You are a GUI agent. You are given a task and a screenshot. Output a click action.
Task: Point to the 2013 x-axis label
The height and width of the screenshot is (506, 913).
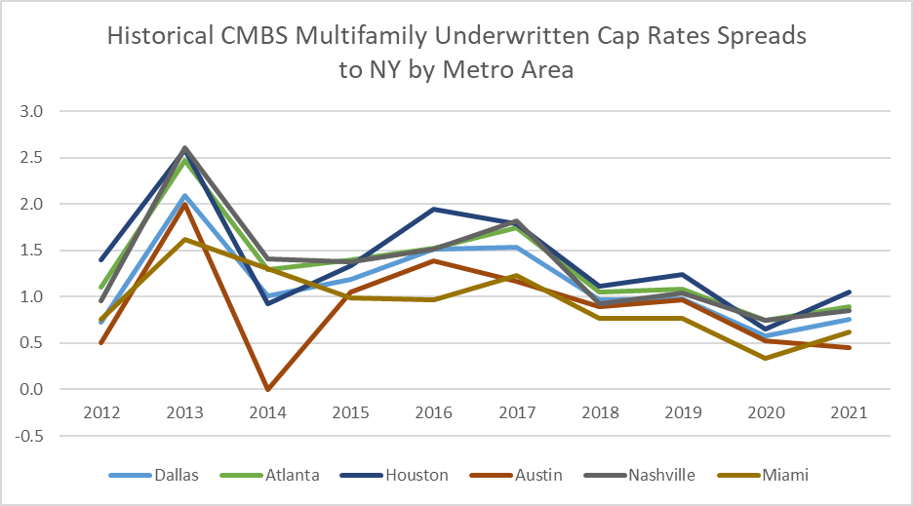184,412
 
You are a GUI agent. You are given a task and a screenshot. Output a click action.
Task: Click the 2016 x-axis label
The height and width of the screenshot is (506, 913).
434,412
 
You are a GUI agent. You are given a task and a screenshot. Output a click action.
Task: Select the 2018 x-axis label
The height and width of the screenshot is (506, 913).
600,412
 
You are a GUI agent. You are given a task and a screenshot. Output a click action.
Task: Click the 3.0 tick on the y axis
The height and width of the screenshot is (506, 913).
34,111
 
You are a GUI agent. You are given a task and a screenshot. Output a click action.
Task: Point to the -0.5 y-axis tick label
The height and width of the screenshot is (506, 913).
32,436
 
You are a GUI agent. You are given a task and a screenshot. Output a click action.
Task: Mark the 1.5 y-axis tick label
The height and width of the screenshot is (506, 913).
34,251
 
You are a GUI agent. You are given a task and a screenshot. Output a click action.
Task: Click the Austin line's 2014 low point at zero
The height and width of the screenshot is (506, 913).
267,389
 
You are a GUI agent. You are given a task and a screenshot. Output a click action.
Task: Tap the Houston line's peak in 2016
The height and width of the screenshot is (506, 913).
434,210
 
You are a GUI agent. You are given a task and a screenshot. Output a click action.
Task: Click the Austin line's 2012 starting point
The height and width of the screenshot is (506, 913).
101,342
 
